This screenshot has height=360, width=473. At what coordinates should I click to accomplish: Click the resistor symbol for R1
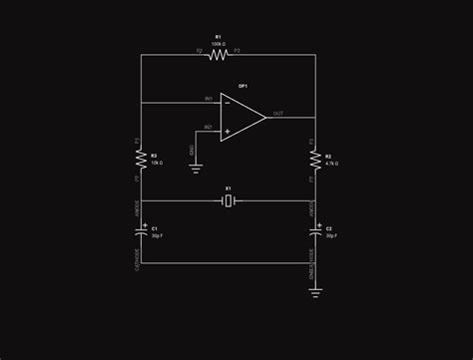[x=218, y=56]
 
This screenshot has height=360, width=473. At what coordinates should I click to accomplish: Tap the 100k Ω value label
[x=218, y=44]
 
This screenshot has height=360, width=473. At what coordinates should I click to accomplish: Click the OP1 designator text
[x=242, y=86]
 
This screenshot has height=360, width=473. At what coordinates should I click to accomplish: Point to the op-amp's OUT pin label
[x=277, y=114]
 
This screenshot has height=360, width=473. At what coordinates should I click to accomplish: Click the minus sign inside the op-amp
[x=228, y=102]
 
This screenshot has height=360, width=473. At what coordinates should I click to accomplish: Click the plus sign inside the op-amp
[x=228, y=131]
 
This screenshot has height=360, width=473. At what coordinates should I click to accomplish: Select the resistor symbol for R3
[x=141, y=159]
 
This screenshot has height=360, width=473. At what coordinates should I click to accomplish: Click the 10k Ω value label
[x=157, y=162]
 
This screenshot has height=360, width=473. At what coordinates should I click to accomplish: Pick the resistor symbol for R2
[x=315, y=160]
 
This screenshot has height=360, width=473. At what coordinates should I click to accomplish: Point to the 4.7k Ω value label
[x=332, y=163]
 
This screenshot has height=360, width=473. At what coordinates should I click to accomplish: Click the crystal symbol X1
[x=229, y=202]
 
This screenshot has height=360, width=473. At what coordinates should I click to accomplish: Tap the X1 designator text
[x=229, y=188]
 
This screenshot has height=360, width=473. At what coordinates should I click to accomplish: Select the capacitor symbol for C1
[x=141, y=230]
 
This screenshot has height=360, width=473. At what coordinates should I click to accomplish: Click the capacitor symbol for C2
[x=315, y=230]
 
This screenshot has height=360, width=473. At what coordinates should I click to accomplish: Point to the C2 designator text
[x=329, y=228]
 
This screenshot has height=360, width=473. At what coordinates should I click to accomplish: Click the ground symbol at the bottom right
[x=315, y=292]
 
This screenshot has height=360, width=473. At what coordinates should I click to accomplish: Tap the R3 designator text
[x=154, y=155]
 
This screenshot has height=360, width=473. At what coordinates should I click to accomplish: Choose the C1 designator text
[x=155, y=228]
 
